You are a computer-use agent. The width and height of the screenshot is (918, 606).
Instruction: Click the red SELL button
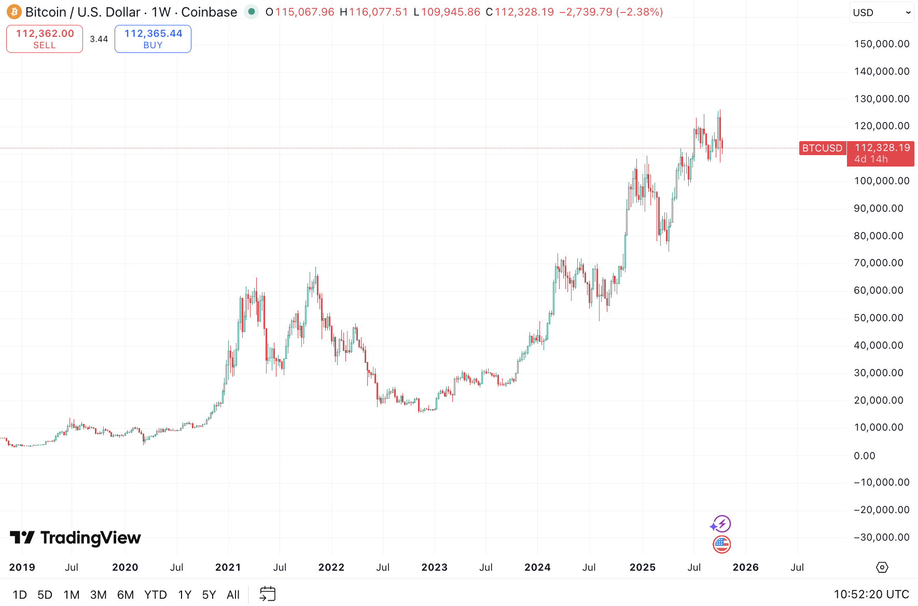point(45,39)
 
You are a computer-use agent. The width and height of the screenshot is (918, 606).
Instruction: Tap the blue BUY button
point(153,39)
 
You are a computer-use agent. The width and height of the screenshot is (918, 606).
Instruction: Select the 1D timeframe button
point(20,595)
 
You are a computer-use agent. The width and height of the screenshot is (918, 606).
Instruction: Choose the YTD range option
point(155,595)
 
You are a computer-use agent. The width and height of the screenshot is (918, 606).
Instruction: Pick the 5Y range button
point(209,595)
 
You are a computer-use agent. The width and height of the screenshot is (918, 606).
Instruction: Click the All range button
point(233,595)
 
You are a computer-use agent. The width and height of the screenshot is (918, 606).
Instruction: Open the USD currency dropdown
point(882,12)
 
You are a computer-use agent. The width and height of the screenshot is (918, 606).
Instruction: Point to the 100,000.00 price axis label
point(882,181)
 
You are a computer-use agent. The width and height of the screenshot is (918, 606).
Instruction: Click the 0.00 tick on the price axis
point(865,456)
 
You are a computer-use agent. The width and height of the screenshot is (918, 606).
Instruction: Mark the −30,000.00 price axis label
point(882,538)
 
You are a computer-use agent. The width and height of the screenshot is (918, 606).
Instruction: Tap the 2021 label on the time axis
point(228,568)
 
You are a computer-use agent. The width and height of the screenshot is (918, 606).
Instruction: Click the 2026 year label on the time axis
point(746,568)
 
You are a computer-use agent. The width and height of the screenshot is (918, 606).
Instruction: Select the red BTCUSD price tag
point(823,148)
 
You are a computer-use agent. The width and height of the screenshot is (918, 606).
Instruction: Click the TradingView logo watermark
point(75,538)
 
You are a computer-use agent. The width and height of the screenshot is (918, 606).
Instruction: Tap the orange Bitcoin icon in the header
point(14,12)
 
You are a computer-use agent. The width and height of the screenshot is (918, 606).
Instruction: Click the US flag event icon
point(721,544)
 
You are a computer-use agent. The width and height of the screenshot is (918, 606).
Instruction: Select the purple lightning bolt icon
point(721,524)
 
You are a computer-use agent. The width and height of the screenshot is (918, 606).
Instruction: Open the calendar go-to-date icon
point(268,594)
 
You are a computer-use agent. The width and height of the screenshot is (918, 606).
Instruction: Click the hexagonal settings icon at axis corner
point(882,568)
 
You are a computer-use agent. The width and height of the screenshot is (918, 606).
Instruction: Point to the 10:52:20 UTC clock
point(871,595)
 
